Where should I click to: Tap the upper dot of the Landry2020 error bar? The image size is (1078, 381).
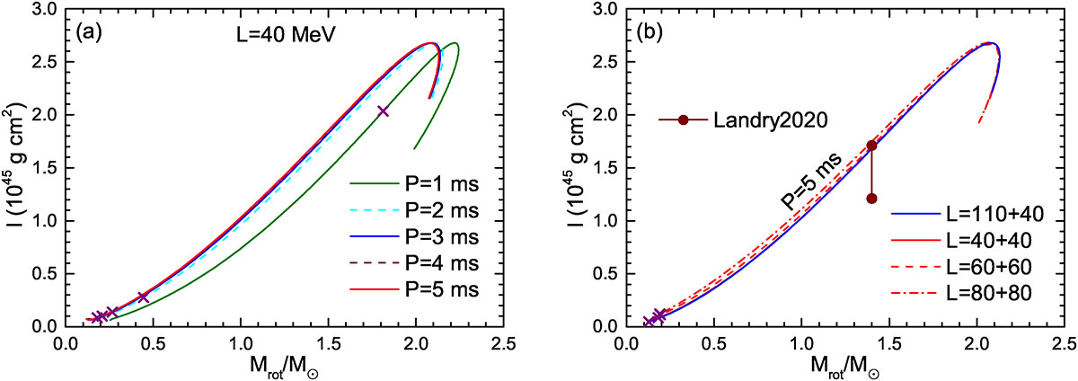871,145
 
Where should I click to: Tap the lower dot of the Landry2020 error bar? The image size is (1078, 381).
871,198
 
